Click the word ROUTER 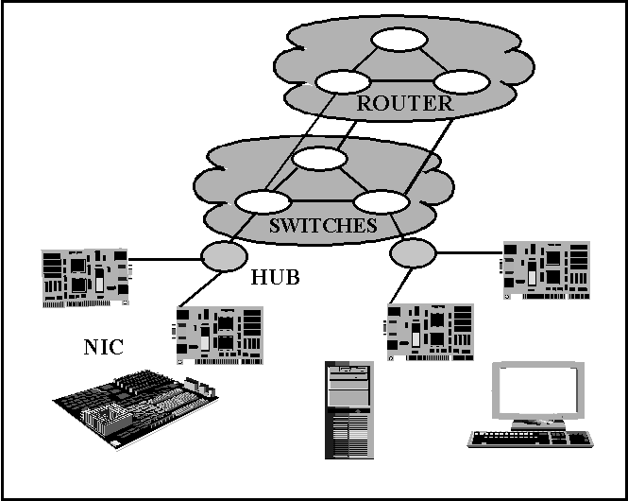[405, 103]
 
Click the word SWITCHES [323, 225]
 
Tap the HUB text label [275, 277]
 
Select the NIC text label [103, 347]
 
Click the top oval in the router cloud [399, 40]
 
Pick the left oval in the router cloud [343, 81]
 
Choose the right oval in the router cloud [462, 81]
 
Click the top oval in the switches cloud [319, 158]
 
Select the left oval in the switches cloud [263, 201]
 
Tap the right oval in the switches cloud [382, 201]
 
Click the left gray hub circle [224, 256]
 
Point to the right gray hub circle [413, 253]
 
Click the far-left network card [86, 278]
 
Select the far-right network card [545, 270]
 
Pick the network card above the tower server [429, 332]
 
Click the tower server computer [349, 410]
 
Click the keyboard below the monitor [531, 439]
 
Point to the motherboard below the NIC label [136, 409]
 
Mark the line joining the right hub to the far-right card [469, 253]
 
